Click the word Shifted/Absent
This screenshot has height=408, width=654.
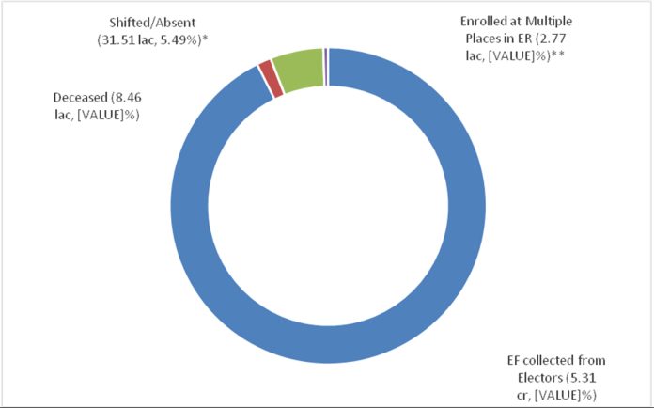coord(150,21)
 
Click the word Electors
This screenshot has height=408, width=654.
coord(529,378)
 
